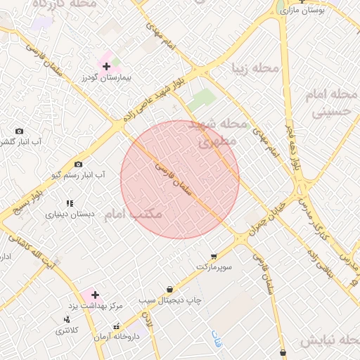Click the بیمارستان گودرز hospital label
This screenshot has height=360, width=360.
[107, 77]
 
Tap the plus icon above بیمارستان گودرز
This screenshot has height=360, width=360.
[106, 67]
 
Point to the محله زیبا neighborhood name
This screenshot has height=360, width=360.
[255, 69]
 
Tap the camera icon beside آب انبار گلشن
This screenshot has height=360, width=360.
[19, 131]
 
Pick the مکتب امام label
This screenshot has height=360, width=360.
[134, 213]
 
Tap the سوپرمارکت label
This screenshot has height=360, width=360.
[213, 268]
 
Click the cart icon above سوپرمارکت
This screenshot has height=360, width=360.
[213, 257]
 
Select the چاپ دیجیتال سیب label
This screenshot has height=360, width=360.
[169, 300]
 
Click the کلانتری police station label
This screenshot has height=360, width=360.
[67, 330]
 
